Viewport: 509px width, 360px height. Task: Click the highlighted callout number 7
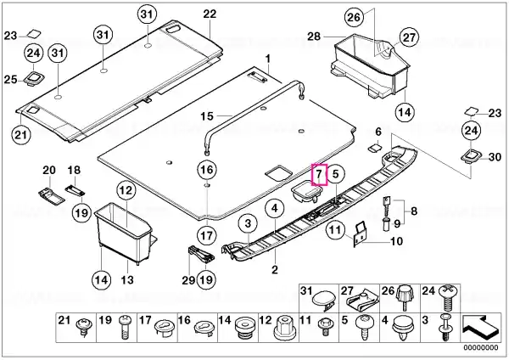320,174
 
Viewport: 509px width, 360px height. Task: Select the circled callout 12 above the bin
126,190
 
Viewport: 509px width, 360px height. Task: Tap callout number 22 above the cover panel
210,14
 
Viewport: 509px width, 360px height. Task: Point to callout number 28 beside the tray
314,37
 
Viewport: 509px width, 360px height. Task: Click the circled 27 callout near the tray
409,37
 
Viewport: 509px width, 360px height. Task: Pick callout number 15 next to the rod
207,116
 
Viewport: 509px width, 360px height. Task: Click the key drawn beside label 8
386,206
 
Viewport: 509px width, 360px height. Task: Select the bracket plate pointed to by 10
358,234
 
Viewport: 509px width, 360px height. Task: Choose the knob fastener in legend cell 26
405,297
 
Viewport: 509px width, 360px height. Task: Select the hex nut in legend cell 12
287,328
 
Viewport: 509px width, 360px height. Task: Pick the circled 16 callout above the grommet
207,170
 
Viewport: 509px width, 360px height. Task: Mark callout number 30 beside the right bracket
495,157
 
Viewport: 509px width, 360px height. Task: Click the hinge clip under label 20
51,195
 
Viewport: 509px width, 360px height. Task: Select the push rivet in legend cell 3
445,328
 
